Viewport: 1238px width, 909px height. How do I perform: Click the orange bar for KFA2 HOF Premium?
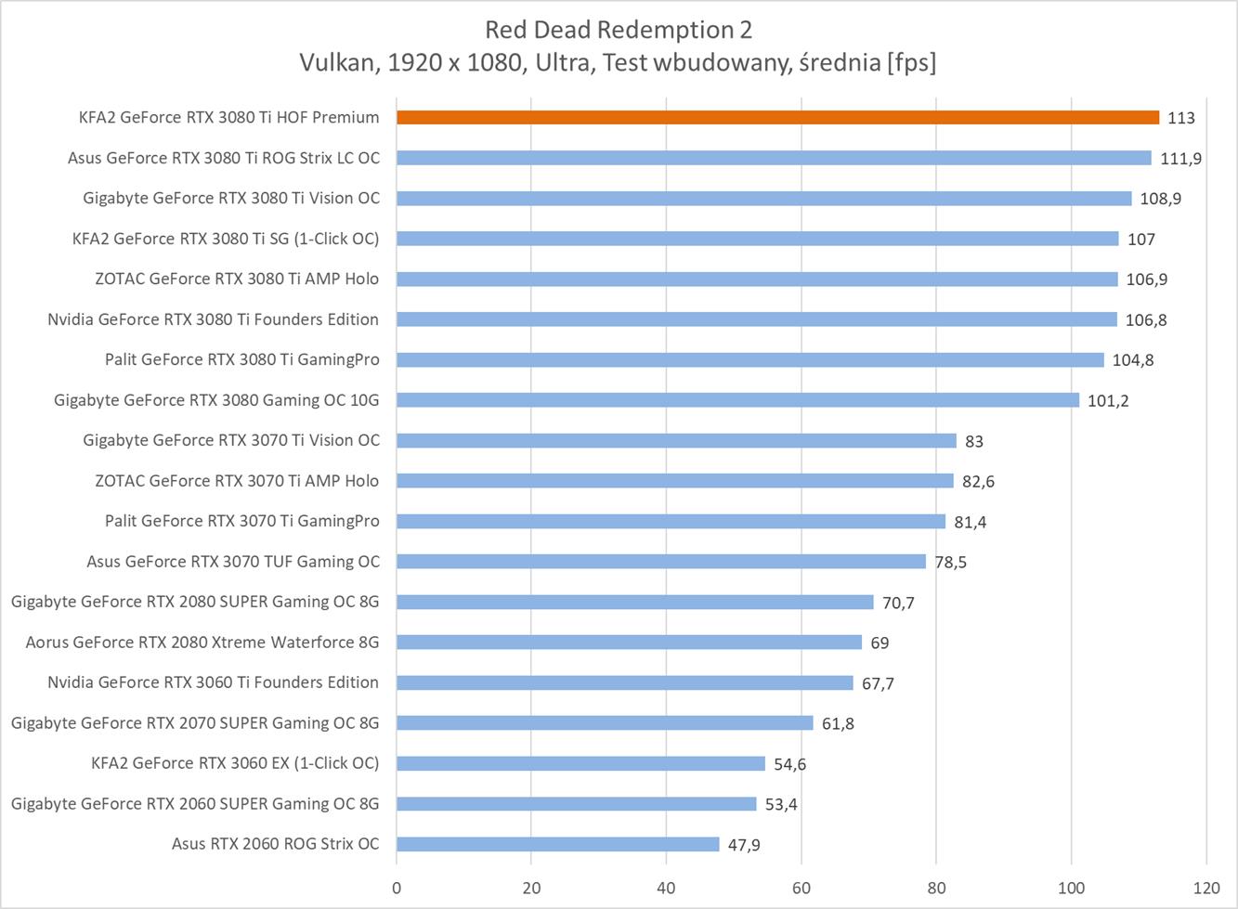pos(777,117)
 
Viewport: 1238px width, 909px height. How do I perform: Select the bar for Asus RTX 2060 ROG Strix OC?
pos(557,844)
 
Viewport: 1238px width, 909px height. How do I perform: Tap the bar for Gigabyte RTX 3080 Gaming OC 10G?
pos(737,400)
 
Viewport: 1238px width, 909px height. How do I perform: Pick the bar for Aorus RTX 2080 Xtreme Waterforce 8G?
pos(629,643)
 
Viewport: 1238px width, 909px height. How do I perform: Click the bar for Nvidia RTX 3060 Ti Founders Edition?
pos(624,682)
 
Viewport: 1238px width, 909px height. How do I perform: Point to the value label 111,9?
pos(1180,159)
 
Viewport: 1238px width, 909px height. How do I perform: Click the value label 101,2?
pos(1108,401)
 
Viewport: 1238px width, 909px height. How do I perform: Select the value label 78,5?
pos(950,563)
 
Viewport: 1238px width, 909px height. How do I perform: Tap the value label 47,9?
pos(744,845)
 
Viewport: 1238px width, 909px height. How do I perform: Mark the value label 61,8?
pos(838,723)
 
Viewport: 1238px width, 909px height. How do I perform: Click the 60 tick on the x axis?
pos(801,887)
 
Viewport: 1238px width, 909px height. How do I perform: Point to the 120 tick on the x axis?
pos(1206,887)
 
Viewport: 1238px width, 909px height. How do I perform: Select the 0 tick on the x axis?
pos(397,887)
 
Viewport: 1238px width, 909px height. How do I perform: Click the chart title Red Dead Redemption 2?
pos(619,30)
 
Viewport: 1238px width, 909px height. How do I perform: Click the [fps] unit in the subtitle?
pos(911,62)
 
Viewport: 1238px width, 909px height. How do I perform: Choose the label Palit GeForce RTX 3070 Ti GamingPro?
pos(241,521)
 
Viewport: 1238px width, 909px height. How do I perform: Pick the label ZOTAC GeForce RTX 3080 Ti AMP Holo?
pos(237,279)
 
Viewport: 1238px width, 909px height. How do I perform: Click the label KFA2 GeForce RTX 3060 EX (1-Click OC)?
pos(235,763)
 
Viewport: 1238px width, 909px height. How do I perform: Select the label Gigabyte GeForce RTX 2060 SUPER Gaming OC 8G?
pos(195,803)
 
